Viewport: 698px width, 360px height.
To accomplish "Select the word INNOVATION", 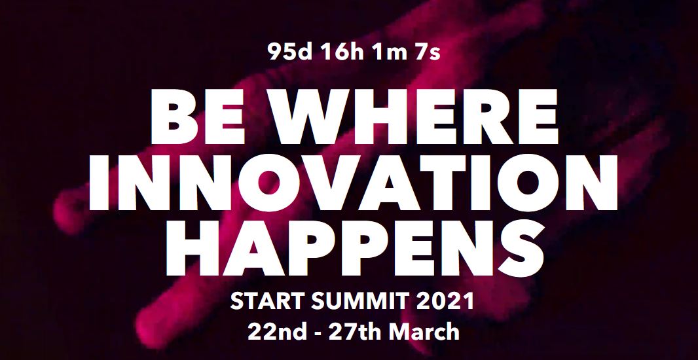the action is point(353,183).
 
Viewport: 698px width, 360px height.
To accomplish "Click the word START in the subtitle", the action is point(267,301).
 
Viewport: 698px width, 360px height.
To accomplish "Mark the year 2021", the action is point(445,301).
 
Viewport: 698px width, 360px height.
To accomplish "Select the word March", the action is point(424,331).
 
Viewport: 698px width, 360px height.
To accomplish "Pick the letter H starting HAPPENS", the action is point(192,248).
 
